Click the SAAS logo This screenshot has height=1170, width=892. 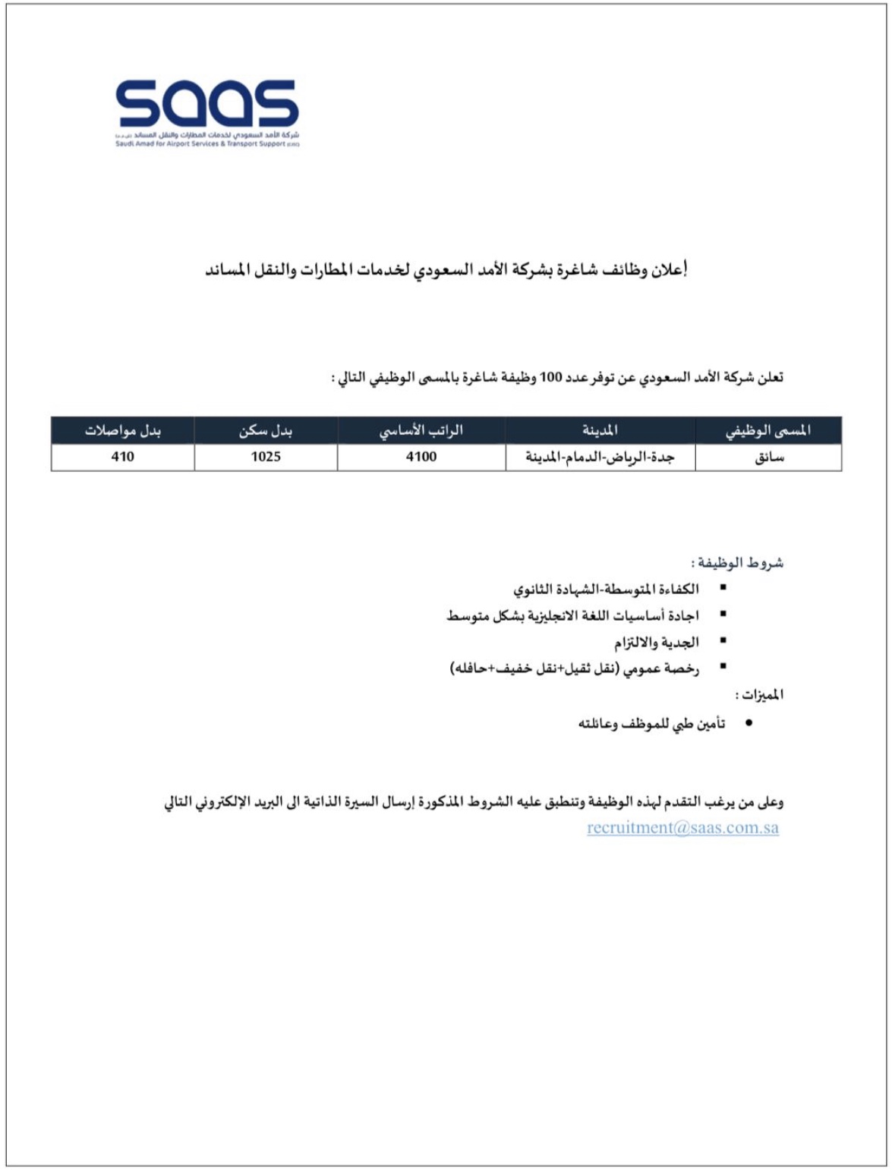207,112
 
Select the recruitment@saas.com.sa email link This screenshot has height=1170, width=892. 682,828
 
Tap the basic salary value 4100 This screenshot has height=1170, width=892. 421,457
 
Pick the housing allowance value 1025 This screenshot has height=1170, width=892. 266,457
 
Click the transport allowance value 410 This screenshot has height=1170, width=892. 122,457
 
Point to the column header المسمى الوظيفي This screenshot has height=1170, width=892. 767,430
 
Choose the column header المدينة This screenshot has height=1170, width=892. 600,430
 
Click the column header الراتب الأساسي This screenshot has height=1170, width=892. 421,430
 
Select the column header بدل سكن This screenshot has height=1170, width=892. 266,430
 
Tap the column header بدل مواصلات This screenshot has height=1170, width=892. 122,430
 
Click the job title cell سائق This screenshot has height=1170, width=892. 768,458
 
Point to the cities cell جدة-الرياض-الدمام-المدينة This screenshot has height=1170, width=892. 600,458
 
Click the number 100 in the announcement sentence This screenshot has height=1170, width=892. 550,378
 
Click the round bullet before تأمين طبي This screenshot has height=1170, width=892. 749,724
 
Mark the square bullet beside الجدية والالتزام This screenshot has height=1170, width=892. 723,640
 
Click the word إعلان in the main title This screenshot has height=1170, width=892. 669,270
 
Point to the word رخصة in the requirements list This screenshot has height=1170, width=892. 681,668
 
